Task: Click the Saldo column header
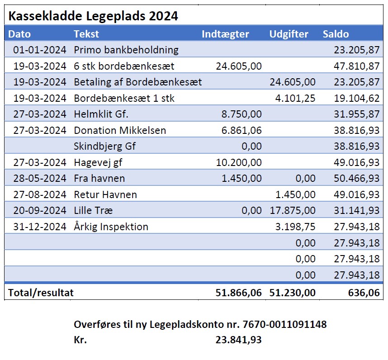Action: pos(336,34)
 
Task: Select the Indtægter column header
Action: pos(225,34)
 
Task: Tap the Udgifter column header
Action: pos(289,34)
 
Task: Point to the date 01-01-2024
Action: pos(40,50)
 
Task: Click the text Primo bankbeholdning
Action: pos(126,50)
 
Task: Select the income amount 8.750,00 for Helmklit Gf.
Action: pos(241,114)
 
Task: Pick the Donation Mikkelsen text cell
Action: pos(120,130)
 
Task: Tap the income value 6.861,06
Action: pos(241,130)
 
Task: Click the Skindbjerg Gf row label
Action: pos(104,146)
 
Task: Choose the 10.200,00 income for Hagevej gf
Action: pos(239,162)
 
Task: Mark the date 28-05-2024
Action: pos(40,178)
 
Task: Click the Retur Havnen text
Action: pos(105,195)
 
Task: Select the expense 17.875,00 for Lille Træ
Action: pos(293,211)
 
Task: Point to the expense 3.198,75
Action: pos(295,227)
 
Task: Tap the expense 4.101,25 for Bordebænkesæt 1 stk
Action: pos(295,99)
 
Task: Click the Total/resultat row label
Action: pos(41,293)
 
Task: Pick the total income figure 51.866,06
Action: pos(238,293)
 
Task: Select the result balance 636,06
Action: pos(364,293)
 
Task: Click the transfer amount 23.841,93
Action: pos(238,340)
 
